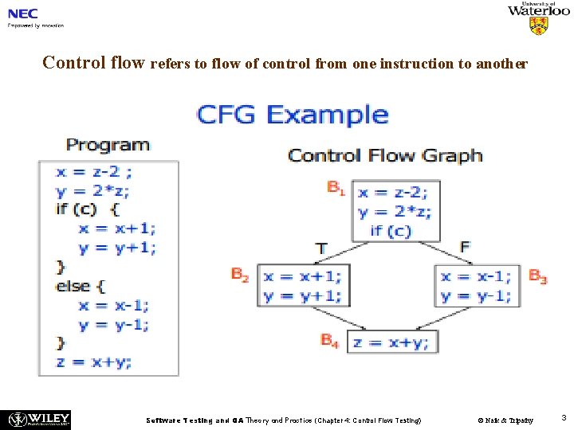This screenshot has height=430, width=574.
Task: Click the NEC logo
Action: pyautogui.click(x=23, y=13)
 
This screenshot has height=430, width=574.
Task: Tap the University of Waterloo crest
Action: pyautogui.click(x=539, y=25)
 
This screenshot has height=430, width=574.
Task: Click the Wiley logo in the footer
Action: pyautogui.click(x=38, y=419)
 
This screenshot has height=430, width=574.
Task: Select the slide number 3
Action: pyautogui.click(x=563, y=418)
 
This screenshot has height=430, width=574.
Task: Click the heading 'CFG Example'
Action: pyautogui.click(x=292, y=115)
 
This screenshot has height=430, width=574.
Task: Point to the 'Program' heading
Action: pyautogui.click(x=108, y=145)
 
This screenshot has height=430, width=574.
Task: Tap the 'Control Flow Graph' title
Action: pyautogui.click(x=385, y=155)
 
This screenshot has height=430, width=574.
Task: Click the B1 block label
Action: pyautogui.click(x=336, y=189)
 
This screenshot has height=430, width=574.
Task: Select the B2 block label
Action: pyautogui.click(x=241, y=275)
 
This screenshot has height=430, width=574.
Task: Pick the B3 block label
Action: pyautogui.click(x=538, y=277)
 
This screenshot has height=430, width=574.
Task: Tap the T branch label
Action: pyautogui.click(x=321, y=248)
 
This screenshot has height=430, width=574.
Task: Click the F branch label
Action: pyautogui.click(x=466, y=247)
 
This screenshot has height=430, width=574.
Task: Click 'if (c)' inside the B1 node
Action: pyautogui.click(x=391, y=231)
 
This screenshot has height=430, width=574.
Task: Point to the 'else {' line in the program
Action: pyautogui.click(x=80, y=286)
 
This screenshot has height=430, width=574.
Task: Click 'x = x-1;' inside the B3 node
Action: pyautogui.click(x=476, y=276)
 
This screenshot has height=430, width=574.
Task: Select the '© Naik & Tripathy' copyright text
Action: pyautogui.click(x=505, y=420)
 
